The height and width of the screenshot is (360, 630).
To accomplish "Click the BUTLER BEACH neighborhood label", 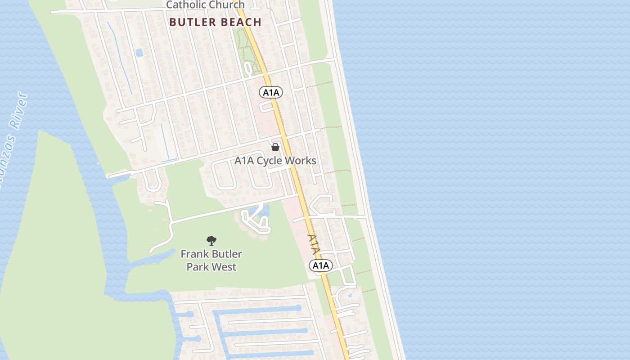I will pos(216,22).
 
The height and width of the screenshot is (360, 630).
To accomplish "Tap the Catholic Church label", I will pos(206,5).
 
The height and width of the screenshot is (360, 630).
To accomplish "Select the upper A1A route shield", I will pos(271,93).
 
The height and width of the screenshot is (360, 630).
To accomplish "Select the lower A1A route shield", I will pos(321,265).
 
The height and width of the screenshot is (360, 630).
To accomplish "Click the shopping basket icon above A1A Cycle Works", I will pos(275,147).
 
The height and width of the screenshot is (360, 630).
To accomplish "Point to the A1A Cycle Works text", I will pos(275,161).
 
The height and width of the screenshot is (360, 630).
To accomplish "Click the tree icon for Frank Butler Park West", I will pos(211,241).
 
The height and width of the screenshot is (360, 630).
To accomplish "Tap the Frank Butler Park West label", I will pos(211,260).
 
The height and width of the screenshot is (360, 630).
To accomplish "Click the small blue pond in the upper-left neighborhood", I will pos(139,53).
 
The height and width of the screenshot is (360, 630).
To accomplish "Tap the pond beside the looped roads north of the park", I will pos(265,211).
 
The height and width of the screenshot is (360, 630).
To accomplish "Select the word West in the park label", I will pos(225,267).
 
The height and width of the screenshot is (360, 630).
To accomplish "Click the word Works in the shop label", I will pos(301,161).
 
